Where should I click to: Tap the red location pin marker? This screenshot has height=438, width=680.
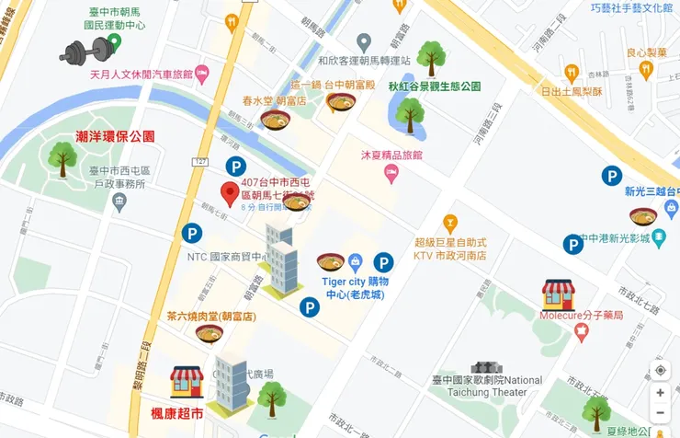(230, 195)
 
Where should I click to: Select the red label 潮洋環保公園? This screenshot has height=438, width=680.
(115, 136)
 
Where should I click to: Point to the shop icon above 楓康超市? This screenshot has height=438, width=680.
(187, 382)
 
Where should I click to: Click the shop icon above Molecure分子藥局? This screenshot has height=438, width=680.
(558, 294)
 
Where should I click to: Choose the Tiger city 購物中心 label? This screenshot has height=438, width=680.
(356, 287)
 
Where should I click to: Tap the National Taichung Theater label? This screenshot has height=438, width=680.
(487, 386)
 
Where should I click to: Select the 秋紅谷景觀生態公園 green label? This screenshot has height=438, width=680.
(435, 86)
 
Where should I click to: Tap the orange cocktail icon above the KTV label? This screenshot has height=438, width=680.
(449, 222)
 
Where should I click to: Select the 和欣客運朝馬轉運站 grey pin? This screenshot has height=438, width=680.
(364, 42)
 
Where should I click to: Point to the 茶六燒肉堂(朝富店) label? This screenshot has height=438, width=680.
(210, 316)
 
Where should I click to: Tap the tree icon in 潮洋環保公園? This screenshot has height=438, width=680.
(62, 159)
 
